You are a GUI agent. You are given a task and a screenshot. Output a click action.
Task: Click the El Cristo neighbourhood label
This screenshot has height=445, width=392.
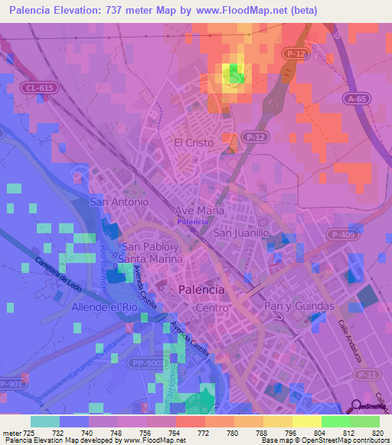[x=192, y=142]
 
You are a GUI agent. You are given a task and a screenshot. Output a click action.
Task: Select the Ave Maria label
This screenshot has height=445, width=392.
[x=200, y=210]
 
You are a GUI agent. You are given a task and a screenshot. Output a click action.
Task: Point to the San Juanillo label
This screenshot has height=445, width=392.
[x=242, y=232]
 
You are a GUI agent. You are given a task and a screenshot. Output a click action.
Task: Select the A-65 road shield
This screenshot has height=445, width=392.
[x=355, y=99]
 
